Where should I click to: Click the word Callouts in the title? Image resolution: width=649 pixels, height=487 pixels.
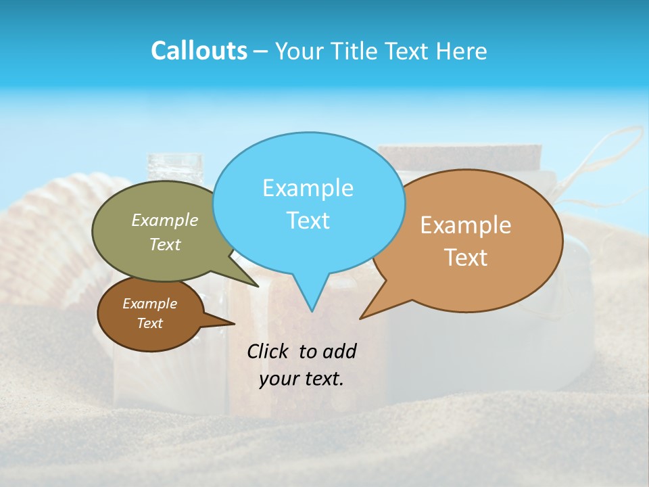click(199, 51)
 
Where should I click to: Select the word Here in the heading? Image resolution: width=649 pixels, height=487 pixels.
click(462, 51)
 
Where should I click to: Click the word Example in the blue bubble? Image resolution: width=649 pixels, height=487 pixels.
click(308, 188)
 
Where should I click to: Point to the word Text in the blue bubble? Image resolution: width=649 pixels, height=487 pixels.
click(308, 221)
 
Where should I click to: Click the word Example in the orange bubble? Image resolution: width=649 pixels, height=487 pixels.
click(466, 225)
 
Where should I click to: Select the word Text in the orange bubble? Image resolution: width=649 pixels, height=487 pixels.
click(466, 258)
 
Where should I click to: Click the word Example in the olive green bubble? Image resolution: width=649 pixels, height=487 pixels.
click(165, 220)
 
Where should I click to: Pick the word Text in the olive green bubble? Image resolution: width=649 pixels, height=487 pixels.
click(165, 244)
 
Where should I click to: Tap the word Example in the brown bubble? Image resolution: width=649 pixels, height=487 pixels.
click(149, 304)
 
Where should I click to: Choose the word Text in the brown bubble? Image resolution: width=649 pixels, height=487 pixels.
click(149, 323)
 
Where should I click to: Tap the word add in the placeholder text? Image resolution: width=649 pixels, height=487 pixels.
click(339, 352)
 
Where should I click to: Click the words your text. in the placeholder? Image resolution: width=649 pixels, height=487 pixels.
click(302, 379)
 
